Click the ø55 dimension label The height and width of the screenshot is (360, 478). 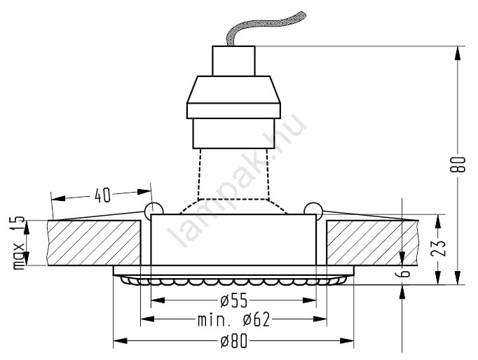coord(234,300)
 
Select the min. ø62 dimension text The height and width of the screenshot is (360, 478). coord(234,319)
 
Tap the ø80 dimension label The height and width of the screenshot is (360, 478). coord(234,341)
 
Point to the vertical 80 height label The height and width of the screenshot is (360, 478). coord(458,165)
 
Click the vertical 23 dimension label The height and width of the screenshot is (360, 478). coord(438,248)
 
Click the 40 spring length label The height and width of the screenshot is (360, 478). coord(102,195)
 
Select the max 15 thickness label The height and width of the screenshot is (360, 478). coord(19,243)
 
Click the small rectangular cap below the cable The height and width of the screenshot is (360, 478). coord(233,61)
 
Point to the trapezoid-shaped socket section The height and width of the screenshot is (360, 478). coord(233,90)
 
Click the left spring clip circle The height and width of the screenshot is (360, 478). coord(154,210)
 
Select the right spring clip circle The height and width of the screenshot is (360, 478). coord(313,210)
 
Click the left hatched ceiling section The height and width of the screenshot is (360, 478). coord(94,243)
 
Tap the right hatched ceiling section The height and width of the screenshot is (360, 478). coord(372,243)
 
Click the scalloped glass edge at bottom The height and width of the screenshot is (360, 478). coord(233,280)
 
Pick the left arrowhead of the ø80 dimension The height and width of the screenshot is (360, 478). coord(120,340)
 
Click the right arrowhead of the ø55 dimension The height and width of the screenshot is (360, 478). coord(309,300)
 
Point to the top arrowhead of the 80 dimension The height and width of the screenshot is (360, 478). coord(457,53)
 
